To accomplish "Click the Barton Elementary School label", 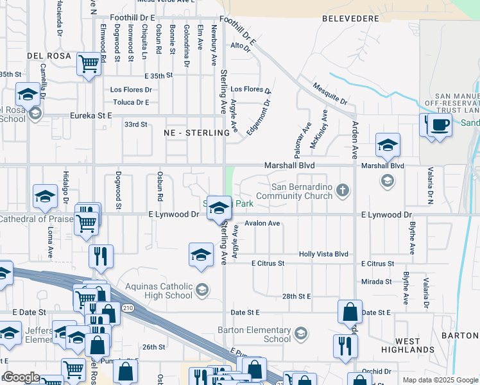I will (259, 334).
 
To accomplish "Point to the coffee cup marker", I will (440, 125).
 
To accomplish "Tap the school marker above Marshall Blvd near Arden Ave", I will (388, 146).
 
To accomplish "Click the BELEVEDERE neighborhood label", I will (350, 19).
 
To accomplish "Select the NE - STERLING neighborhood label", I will (196, 133).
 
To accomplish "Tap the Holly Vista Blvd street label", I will (323, 254).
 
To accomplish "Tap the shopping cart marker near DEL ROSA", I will (89, 64).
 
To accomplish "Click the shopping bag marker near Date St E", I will (350, 312).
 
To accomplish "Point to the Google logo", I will (21, 377).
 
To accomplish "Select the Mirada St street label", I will (376, 282).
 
